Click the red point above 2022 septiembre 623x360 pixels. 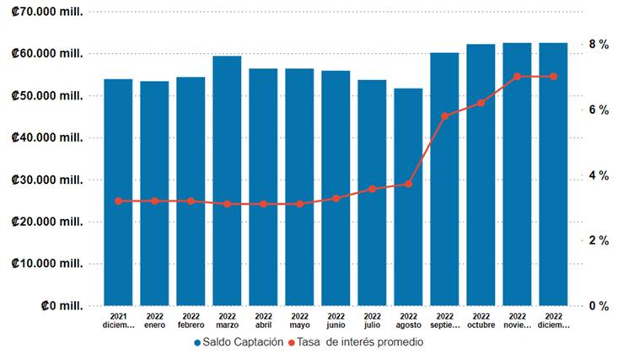444,116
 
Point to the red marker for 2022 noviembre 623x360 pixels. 517,77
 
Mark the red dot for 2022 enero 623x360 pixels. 154,201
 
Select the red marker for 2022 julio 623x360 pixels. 372,189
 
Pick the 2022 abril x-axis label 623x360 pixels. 263,320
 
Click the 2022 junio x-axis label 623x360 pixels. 336,320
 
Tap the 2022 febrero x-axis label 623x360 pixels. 191,320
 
